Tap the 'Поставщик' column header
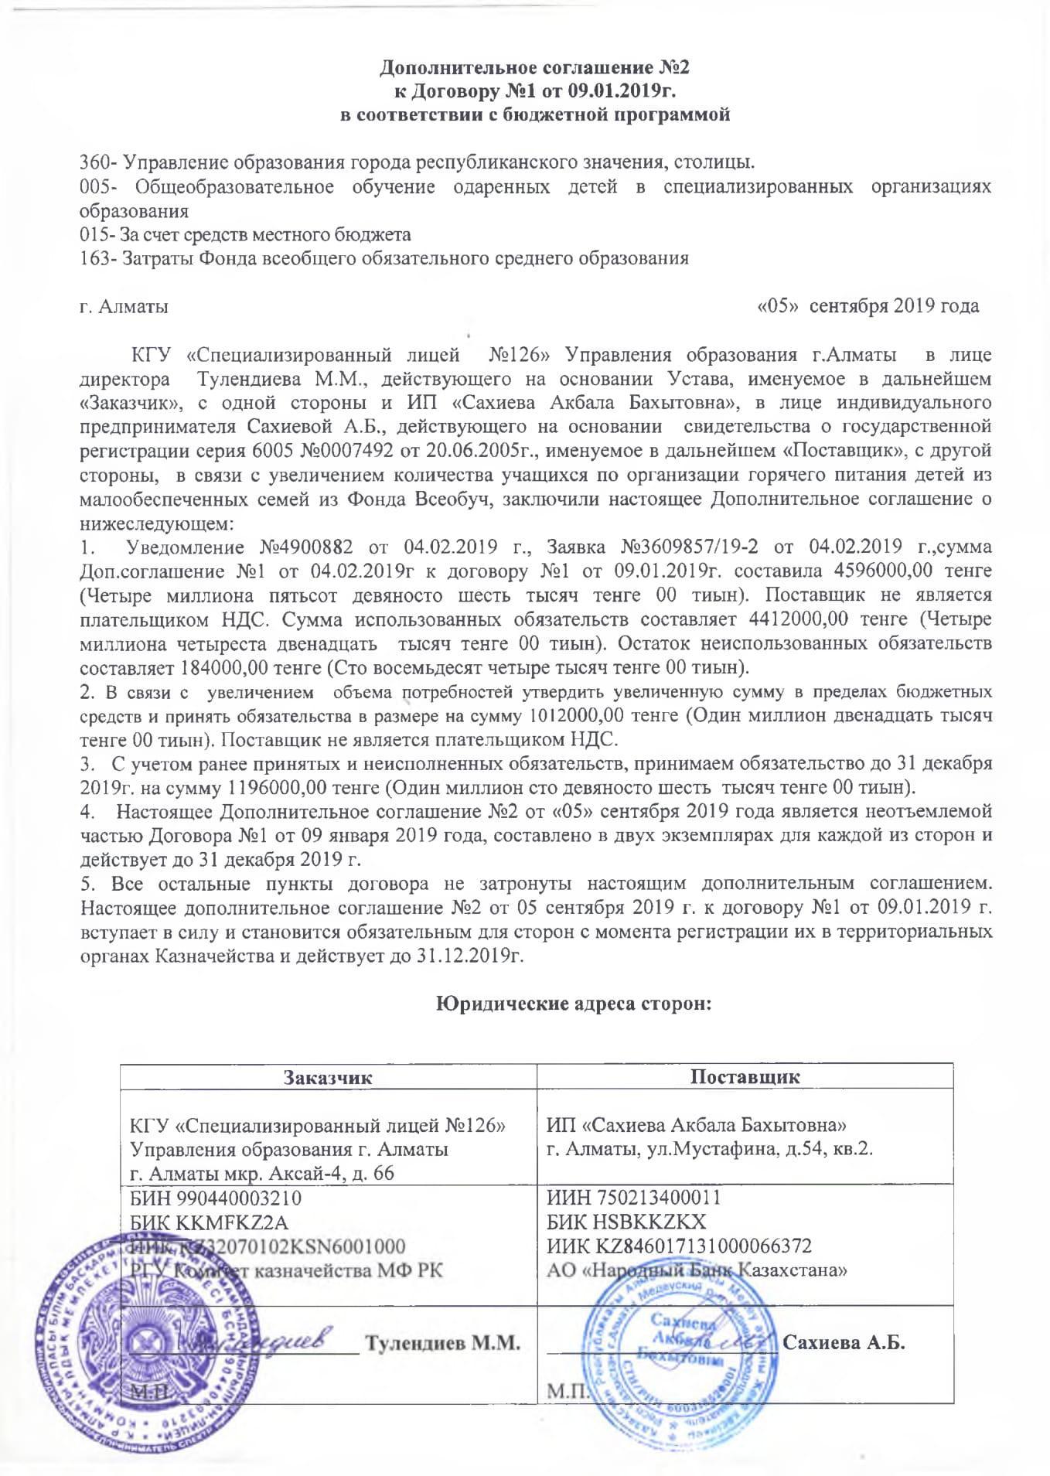tap(745, 1077)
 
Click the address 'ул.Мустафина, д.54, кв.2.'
tap(760, 1148)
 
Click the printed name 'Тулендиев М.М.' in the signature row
tap(441, 1343)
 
